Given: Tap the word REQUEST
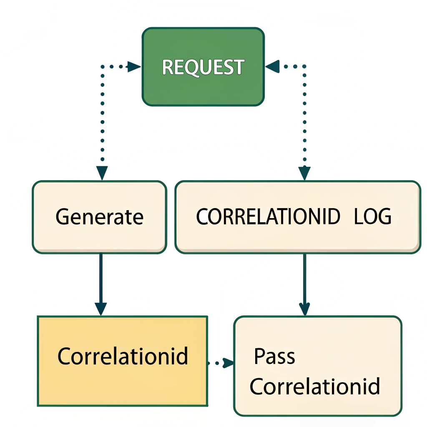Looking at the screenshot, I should (x=203, y=67).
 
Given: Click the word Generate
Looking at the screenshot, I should (x=99, y=217).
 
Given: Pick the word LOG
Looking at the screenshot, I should (x=373, y=217).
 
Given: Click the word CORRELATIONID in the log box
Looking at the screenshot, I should (x=268, y=217).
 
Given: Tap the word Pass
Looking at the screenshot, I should (x=274, y=357).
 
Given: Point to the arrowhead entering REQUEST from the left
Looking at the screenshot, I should (x=134, y=67).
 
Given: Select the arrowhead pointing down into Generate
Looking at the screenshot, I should (x=102, y=173).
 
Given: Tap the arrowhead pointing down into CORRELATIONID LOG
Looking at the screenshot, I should (x=304, y=173).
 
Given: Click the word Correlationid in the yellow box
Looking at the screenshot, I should (x=123, y=357).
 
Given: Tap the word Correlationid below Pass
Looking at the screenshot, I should (x=315, y=386).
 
